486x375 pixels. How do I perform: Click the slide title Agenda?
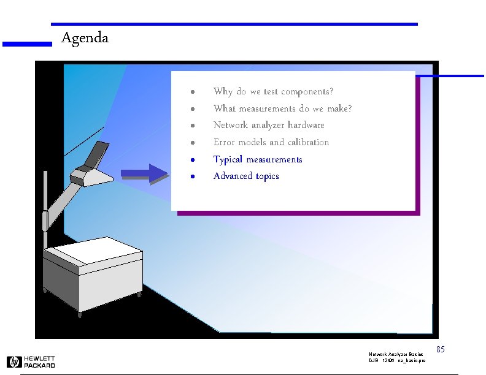pyautogui.click(x=85, y=38)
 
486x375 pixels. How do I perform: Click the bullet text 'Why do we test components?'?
pyautogui.click(x=273, y=92)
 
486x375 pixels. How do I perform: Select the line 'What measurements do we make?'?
pyautogui.click(x=282, y=108)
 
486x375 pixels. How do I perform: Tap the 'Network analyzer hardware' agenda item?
pyautogui.click(x=269, y=125)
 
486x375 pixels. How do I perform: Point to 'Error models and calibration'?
pyautogui.click(x=271, y=142)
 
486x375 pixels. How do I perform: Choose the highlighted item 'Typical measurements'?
pyautogui.click(x=258, y=159)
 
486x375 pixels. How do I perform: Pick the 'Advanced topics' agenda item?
pyautogui.click(x=246, y=176)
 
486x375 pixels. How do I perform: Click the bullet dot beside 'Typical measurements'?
pyautogui.click(x=192, y=160)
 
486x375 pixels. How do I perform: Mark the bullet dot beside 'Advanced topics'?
pyautogui.click(x=192, y=176)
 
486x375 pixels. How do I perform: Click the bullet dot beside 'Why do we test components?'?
pyautogui.click(x=192, y=93)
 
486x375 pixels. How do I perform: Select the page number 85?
pyautogui.click(x=440, y=349)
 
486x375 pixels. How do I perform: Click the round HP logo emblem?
pyautogui.click(x=14, y=362)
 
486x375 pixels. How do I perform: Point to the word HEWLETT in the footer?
pyautogui.click(x=40, y=358)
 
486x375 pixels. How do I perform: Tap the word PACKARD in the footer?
pyautogui.click(x=40, y=365)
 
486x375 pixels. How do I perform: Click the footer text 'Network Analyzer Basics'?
pyautogui.click(x=396, y=355)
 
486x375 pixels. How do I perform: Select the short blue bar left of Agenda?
pyautogui.click(x=27, y=44)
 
